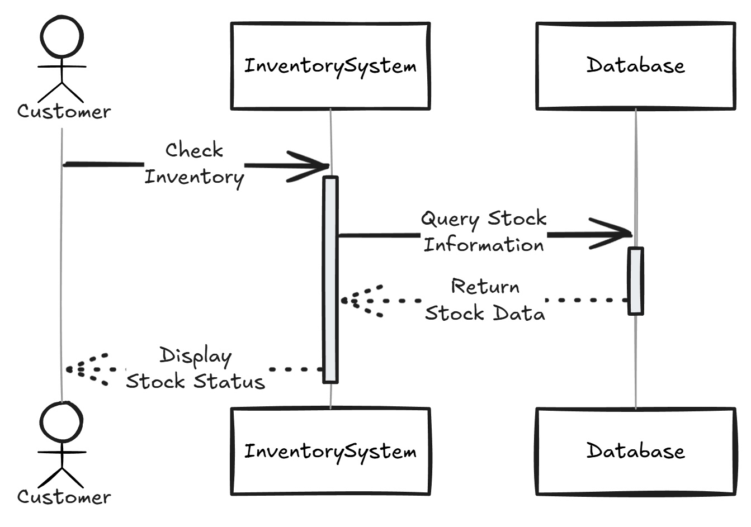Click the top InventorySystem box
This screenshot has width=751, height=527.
pos(330,66)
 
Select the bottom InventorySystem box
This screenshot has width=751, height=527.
pos(330,451)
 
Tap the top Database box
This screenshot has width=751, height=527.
pos(635,66)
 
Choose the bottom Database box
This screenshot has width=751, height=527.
pos(635,451)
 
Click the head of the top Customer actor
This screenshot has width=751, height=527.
pos(62,36)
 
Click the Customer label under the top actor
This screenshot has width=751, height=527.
pos(64,111)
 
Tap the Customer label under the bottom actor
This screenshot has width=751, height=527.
pos(64,497)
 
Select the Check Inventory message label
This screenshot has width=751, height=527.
pos(194,163)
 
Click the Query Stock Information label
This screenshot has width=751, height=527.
pos(484,231)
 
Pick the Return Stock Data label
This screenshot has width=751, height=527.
pos(485,300)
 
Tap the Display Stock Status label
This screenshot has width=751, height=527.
pos(195,368)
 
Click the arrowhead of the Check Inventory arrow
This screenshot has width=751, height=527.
pos(313,166)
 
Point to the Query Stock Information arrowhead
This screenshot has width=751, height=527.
pos(615,234)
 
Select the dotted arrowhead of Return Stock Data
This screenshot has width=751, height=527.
pos(358,301)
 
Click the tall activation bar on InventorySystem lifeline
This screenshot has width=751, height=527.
pos(330,279)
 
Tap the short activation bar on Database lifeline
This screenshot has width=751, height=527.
pos(635,281)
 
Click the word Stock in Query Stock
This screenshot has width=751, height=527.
pos(517,218)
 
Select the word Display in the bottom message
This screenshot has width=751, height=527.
pos(195,356)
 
